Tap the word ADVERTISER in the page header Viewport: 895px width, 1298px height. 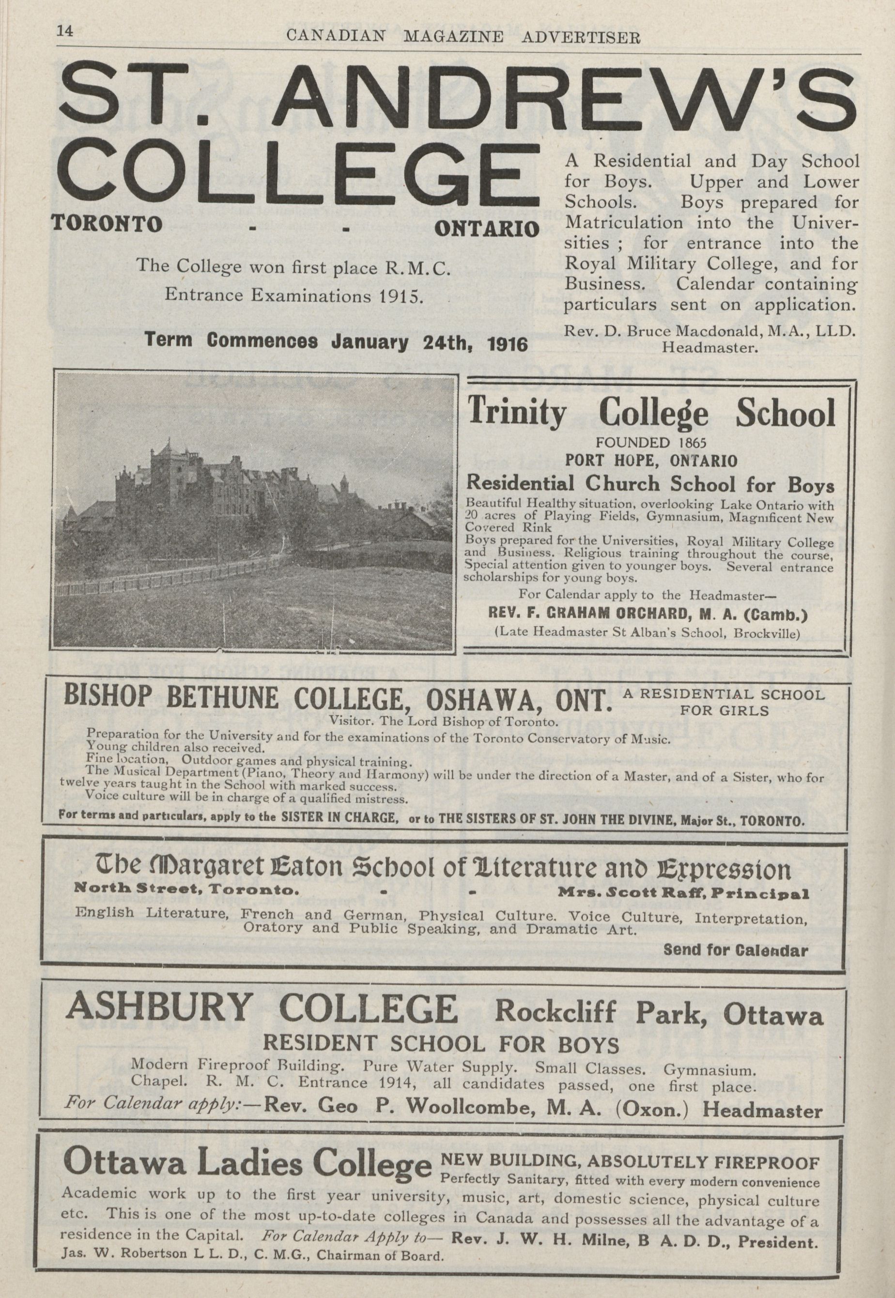[x=581, y=38]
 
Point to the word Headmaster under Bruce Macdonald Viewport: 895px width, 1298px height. [x=710, y=348]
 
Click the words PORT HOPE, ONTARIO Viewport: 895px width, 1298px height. [x=650, y=462]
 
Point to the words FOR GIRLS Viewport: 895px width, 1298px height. [x=724, y=711]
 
